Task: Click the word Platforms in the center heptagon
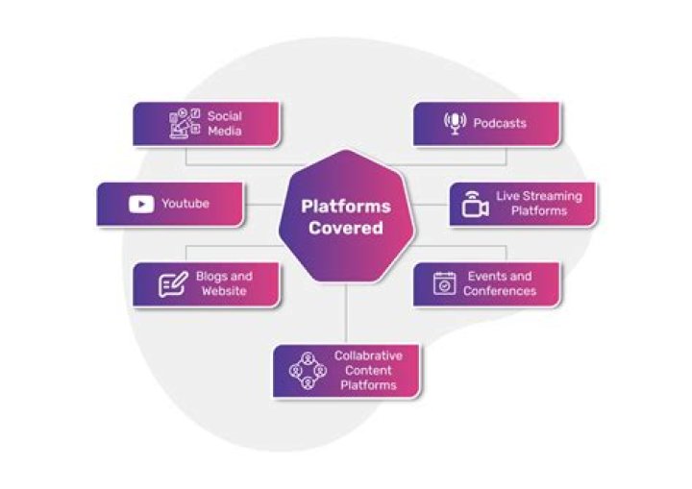point(346,206)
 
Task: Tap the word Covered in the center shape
point(346,229)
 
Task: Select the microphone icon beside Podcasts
point(454,124)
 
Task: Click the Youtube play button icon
point(140,204)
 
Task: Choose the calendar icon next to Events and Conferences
point(444,283)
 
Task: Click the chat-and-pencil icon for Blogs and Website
point(173,284)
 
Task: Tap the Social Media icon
point(185,124)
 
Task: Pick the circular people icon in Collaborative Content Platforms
point(308,371)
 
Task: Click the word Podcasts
point(500,124)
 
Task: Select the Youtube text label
point(185,204)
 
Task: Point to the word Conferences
point(500,291)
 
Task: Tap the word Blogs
point(210,277)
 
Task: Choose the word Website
point(224,291)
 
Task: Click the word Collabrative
point(368,355)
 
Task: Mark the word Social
point(224,116)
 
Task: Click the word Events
point(485,277)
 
